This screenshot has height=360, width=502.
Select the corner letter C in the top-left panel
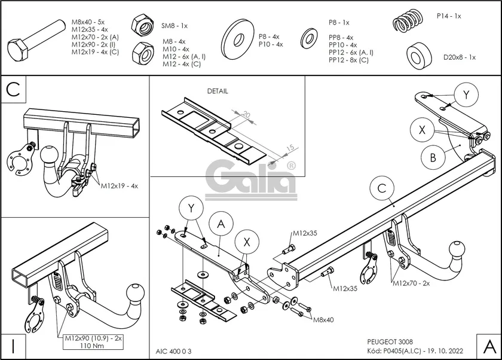(14, 90)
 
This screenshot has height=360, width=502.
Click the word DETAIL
(218, 91)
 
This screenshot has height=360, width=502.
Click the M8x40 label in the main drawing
(323, 320)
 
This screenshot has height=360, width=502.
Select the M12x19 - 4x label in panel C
(119, 186)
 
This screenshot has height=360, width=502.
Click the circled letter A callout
(221, 225)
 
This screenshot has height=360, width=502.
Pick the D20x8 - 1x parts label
(459, 57)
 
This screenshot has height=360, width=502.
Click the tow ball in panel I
(136, 296)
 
